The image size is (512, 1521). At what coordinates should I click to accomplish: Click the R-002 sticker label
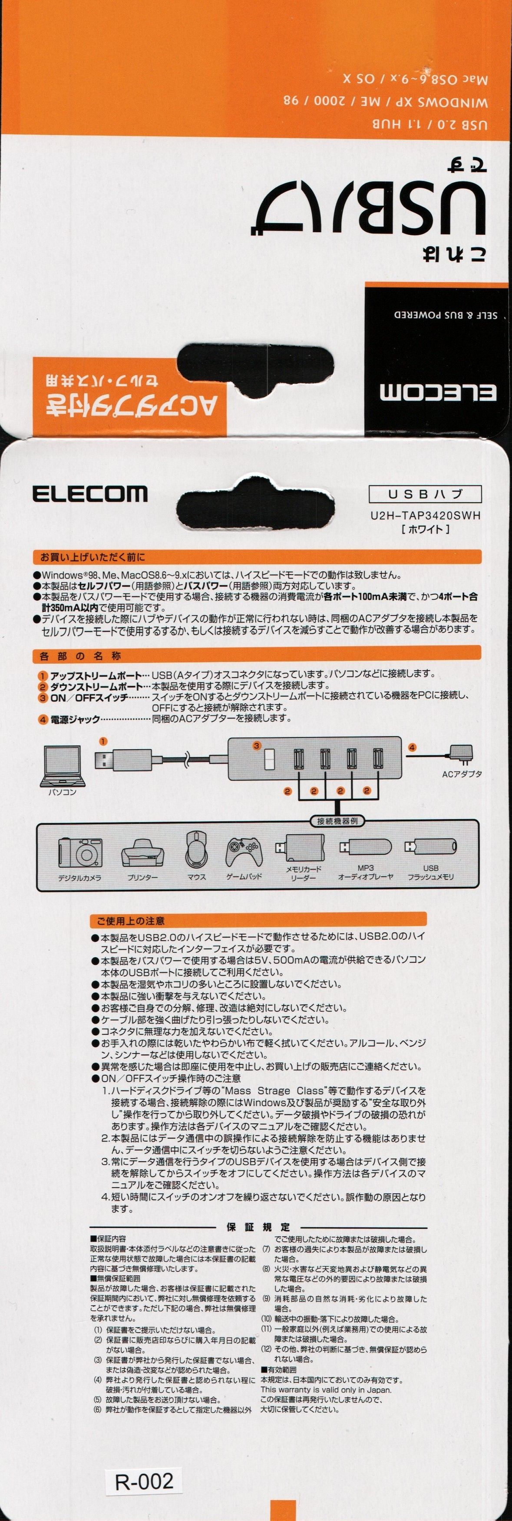(x=144, y=1481)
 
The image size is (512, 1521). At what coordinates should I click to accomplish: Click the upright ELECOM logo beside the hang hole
(x=90, y=494)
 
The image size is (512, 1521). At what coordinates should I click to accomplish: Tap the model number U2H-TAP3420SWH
(x=425, y=515)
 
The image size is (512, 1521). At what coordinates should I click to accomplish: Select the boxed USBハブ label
(x=425, y=494)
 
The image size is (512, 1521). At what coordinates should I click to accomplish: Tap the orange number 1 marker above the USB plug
(x=103, y=741)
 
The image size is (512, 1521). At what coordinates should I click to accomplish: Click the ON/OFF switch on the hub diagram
(x=270, y=759)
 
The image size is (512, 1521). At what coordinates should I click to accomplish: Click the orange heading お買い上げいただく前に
(x=92, y=557)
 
